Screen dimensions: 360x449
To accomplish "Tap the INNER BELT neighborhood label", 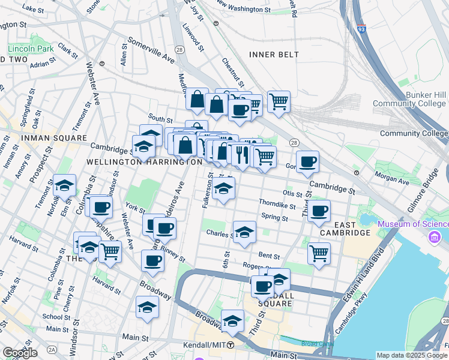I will tap(274, 55).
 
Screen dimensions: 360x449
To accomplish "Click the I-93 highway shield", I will tap(360, 28).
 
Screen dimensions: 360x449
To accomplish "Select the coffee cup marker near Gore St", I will tap(307, 161).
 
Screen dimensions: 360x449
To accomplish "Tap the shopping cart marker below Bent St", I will tap(319, 253).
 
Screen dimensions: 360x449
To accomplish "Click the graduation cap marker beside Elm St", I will tap(64, 186).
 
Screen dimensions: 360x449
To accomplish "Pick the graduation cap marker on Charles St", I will tap(244, 233).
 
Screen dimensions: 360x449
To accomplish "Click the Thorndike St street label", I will tap(277, 205).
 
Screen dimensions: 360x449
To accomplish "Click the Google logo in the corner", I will tap(20, 352).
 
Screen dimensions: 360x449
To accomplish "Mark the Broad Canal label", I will tap(313, 344).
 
